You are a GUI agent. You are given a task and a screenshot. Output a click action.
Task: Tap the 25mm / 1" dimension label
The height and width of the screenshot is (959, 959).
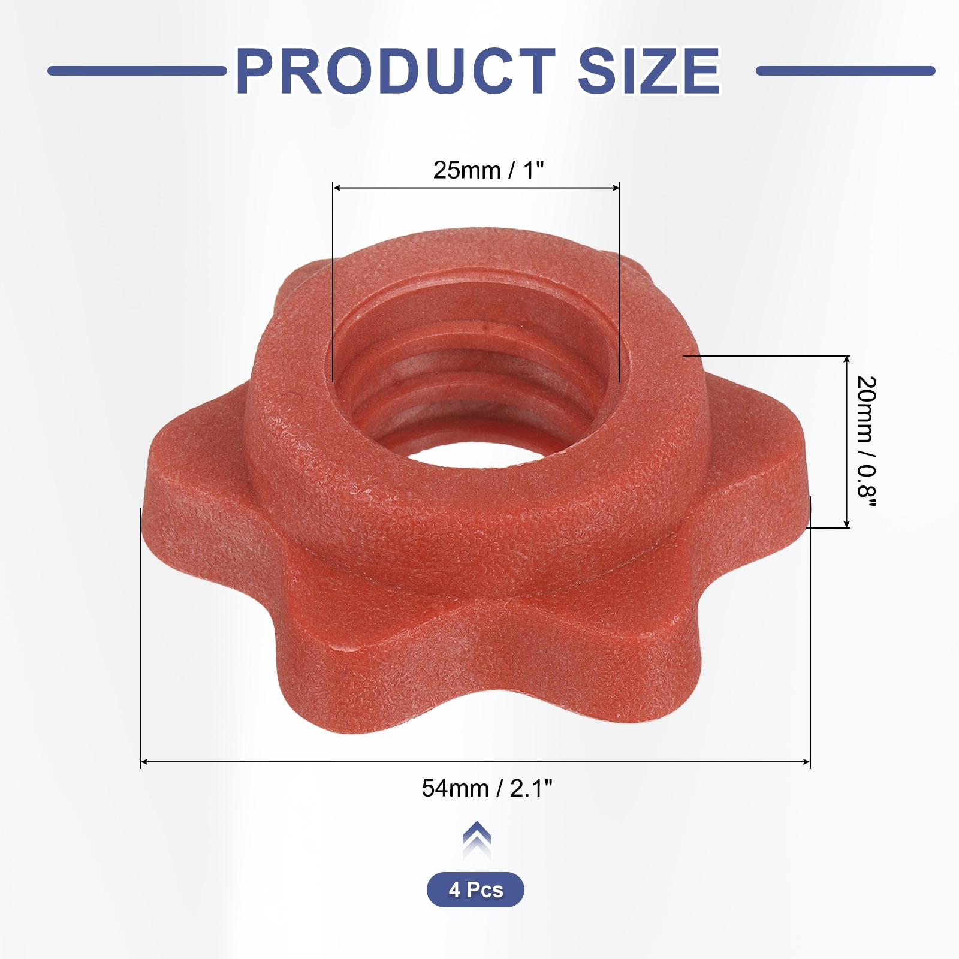point(488,170)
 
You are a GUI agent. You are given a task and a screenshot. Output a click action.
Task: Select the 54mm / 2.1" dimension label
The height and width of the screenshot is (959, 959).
point(487,788)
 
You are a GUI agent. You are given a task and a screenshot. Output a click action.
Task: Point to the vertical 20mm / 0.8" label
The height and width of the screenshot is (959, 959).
point(867,442)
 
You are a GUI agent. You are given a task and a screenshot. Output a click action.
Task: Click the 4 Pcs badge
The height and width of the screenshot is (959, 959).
point(475,889)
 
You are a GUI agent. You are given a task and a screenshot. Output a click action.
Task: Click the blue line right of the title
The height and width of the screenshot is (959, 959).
point(845,71)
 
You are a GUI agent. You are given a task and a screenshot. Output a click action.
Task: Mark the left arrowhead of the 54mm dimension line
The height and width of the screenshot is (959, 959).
point(144,762)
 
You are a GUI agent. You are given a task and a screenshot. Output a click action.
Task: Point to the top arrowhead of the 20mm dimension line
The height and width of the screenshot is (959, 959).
point(846,360)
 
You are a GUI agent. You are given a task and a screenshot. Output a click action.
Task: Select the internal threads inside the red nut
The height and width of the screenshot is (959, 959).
point(456,384)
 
